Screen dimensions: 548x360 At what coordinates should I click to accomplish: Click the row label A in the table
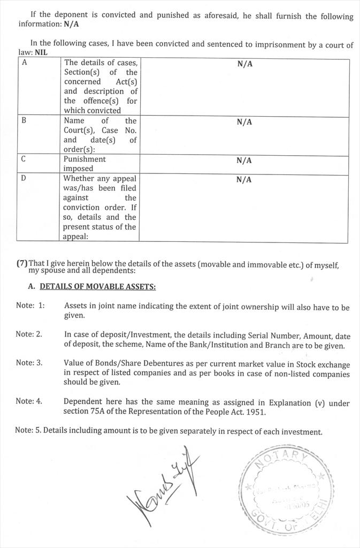(x=25, y=63)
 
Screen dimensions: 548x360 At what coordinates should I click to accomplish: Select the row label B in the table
(x=24, y=121)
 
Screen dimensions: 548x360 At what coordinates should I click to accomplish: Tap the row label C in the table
(x=24, y=159)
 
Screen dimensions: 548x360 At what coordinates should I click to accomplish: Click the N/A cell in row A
(x=244, y=64)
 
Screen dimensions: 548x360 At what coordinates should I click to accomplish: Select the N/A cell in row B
(x=244, y=122)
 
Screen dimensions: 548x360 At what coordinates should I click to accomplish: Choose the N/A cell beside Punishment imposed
(x=244, y=161)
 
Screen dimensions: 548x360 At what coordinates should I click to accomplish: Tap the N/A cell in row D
(x=244, y=180)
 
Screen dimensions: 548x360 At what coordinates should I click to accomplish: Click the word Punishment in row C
(x=85, y=159)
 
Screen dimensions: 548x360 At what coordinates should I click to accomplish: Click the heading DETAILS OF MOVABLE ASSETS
(x=98, y=287)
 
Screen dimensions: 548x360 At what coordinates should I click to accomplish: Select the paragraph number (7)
(x=22, y=263)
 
